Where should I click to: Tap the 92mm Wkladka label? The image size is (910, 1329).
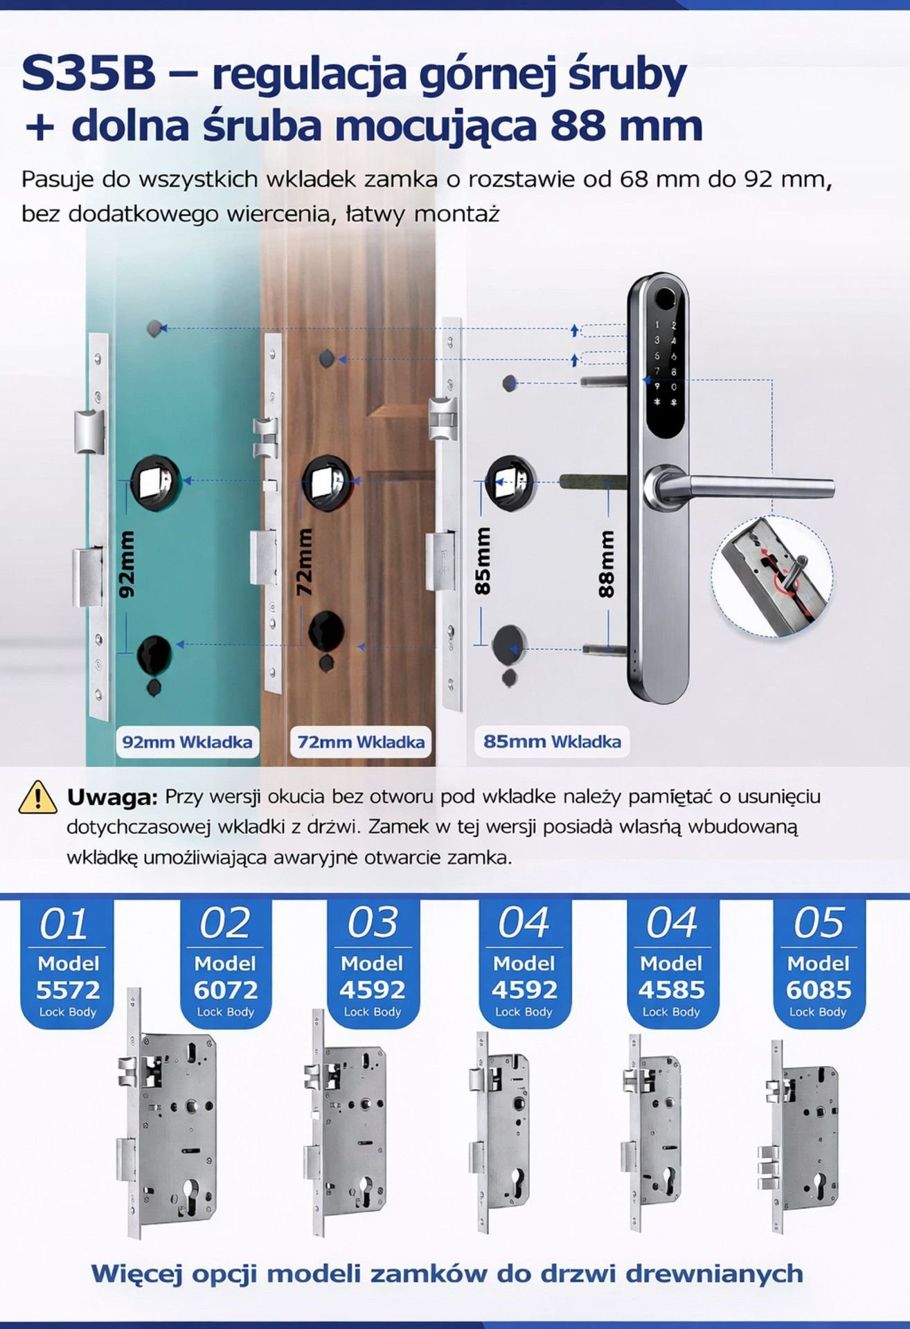(x=187, y=742)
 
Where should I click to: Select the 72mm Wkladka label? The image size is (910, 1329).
(x=361, y=742)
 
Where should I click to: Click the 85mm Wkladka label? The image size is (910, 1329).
(x=552, y=741)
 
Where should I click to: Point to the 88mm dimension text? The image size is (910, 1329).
(x=607, y=564)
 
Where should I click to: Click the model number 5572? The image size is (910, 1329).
(x=68, y=990)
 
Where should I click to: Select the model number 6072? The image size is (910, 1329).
(x=226, y=990)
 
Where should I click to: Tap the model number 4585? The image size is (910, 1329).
(x=671, y=990)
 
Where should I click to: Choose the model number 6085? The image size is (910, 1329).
(x=819, y=990)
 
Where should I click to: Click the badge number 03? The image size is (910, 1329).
(x=373, y=923)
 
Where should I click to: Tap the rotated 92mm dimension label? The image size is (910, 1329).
(x=127, y=564)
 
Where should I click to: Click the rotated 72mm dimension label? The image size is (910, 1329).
(x=304, y=562)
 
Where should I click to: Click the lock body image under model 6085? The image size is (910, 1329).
(x=801, y=1136)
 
